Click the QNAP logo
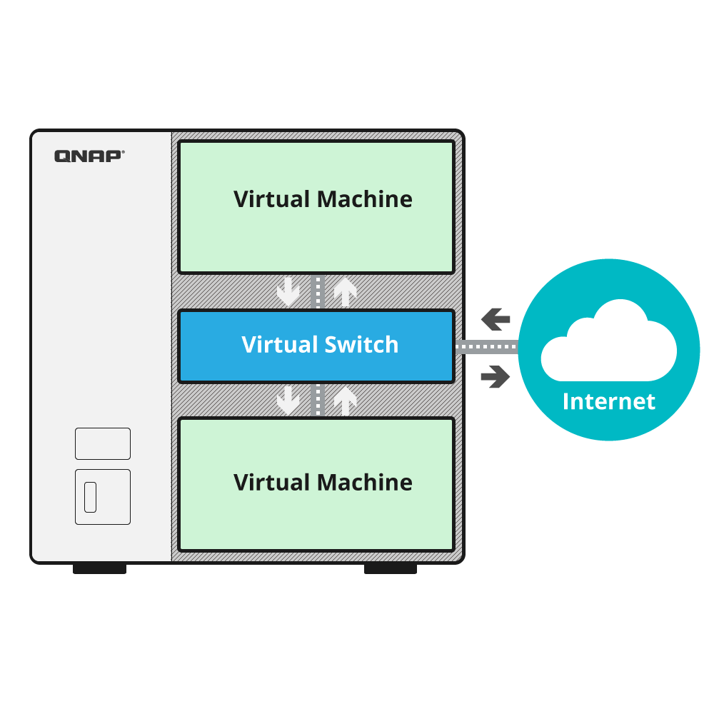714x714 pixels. tap(89, 156)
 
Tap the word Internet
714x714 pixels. tap(608, 401)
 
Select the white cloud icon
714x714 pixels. tap(608, 341)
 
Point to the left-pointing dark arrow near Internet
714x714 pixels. tap(496, 318)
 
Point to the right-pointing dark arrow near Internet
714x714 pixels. tap(496, 376)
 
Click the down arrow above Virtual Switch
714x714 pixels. tap(288, 292)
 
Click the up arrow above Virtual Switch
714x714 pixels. tap(346, 292)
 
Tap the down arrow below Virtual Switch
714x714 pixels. tap(288, 400)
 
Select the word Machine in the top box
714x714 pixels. tap(366, 198)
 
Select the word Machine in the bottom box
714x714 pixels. tap(366, 482)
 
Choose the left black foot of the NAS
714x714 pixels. tap(99, 568)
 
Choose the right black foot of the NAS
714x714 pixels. tap(391, 568)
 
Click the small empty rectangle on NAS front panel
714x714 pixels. tap(103, 443)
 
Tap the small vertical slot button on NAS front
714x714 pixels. tap(91, 497)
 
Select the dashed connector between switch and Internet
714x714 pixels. tap(486, 348)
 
